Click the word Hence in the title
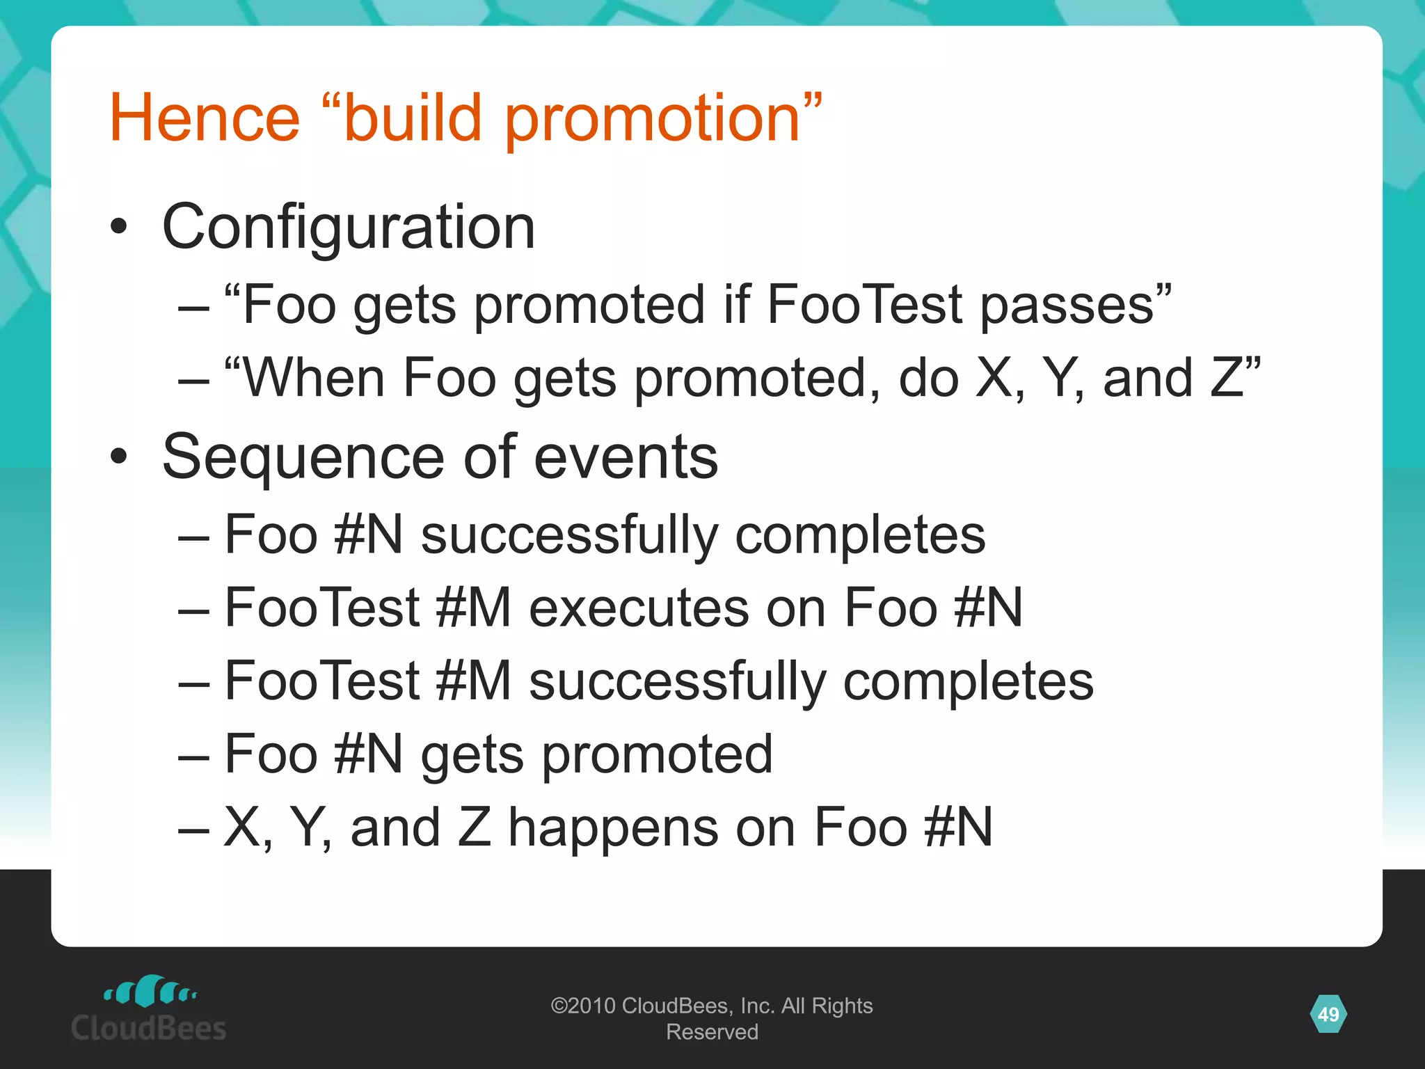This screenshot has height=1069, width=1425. click(x=205, y=118)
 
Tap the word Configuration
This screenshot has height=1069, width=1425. click(x=349, y=228)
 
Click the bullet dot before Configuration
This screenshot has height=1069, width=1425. click(x=119, y=226)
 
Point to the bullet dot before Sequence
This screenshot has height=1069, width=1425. click(x=119, y=457)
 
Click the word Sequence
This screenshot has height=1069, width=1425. click(x=303, y=458)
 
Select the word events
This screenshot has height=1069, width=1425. click(x=626, y=458)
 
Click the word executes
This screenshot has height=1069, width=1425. click(x=639, y=608)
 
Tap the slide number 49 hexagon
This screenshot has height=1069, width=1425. click(x=1328, y=1014)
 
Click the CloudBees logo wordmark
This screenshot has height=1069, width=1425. click(x=149, y=1028)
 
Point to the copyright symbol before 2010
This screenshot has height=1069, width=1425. click(x=559, y=1006)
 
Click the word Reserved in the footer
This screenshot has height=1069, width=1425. click(x=712, y=1032)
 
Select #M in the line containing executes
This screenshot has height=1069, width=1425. click(x=474, y=608)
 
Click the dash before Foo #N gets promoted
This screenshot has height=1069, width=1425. click(x=193, y=755)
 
